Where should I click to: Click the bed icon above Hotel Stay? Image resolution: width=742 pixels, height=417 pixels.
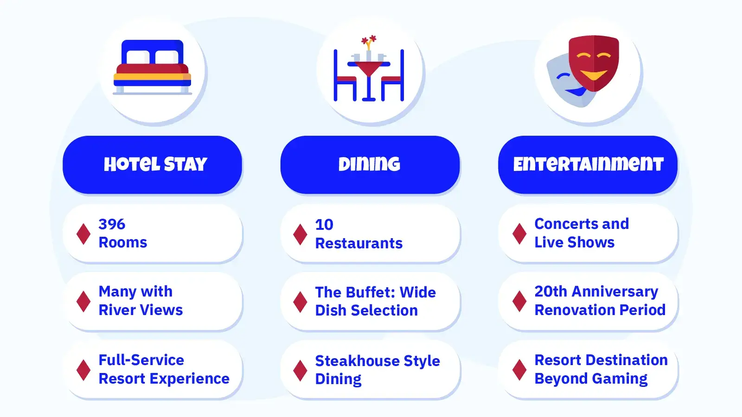pos(153,67)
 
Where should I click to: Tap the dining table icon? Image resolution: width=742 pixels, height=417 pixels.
pos(369,68)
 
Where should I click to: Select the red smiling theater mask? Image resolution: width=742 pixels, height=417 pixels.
pos(594,63)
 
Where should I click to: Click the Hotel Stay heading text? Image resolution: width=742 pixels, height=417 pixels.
pos(155,164)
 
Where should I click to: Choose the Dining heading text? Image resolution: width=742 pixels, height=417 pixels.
pos(369,164)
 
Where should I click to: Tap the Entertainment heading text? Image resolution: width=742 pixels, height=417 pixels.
pos(588,164)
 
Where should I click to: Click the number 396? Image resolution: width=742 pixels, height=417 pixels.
pos(112,224)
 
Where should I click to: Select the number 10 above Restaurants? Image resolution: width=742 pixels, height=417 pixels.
pos(324,225)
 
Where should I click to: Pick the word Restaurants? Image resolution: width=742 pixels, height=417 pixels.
pos(359,243)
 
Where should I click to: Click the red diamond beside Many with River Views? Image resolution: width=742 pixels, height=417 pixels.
pos(83,301)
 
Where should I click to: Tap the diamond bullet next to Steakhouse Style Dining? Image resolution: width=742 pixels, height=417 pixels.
pos(300,370)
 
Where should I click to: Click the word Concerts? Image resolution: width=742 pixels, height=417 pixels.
pos(566,224)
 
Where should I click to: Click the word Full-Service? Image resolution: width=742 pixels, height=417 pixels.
pos(141,360)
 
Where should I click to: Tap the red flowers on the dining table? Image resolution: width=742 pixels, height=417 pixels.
pos(369,40)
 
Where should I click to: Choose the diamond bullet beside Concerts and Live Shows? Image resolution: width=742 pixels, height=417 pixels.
pos(519,234)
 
